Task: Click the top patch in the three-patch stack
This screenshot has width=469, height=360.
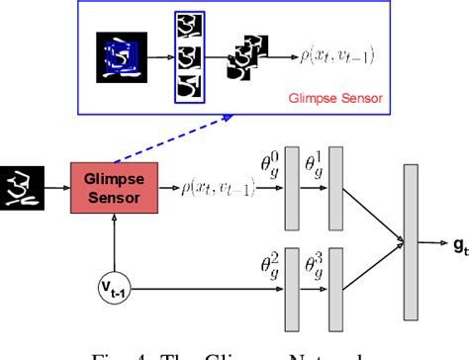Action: pyautogui.click(x=188, y=28)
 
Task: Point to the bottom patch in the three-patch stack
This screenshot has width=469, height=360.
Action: pyautogui.click(x=188, y=88)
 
